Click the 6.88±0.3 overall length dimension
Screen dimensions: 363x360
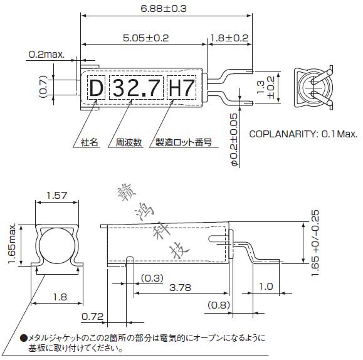coord(164,9)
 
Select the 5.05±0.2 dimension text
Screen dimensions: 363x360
coord(146,38)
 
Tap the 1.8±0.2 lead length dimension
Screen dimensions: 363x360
coord(229,38)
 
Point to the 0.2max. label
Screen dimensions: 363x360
coord(46,55)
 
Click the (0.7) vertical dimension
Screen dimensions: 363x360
coord(43,87)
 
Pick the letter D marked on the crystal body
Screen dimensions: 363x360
coord(96,88)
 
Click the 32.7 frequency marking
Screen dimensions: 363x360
coord(137,88)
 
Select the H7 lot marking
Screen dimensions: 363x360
coord(182,88)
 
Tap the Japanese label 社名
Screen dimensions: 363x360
coord(90,142)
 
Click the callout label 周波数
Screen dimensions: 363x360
coord(129,142)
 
